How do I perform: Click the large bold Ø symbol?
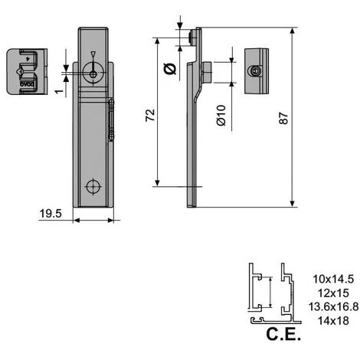tap(170, 70)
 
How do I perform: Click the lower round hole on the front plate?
tap(93, 186)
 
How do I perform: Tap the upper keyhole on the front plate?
tap(91, 70)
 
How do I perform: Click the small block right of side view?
tap(258, 70)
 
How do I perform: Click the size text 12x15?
tap(328, 292)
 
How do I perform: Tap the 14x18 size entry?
tap(328, 319)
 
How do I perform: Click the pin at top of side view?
tap(190, 36)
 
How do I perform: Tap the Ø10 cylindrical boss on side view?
tap(205, 72)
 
